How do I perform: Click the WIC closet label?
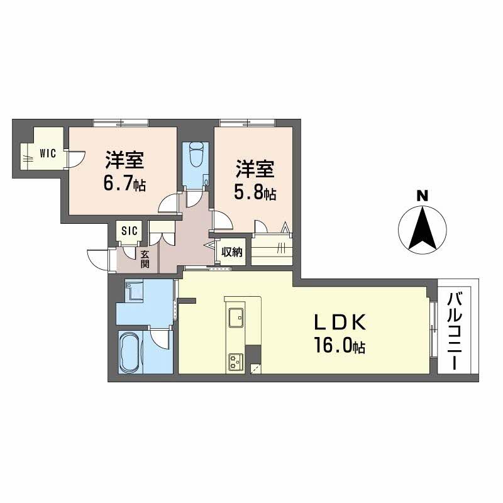pyautogui.click(x=48, y=153)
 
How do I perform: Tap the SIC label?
pyautogui.click(x=130, y=230)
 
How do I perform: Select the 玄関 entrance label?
pyautogui.click(x=145, y=259)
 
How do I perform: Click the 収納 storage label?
pyautogui.click(x=231, y=252)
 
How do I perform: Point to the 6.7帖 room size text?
pyautogui.click(x=124, y=184)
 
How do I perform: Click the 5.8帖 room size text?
pyautogui.click(x=255, y=193)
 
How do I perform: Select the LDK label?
pyautogui.click(x=340, y=323)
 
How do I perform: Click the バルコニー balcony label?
pyautogui.click(x=454, y=331)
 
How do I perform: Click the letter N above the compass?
pyautogui.click(x=422, y=196)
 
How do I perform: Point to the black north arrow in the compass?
pyautogui.click(x=422, y=228)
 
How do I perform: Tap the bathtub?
pyautogui.click(x=130, y=352)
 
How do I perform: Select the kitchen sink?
pyautogui.click(x=236, y=318)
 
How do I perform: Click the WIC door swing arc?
pyautogui.click(x=76, y=159)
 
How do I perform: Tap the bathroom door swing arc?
pyautogui.click(x=159, y=338)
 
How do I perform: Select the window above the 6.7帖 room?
pyautogui.click(x=121, y=123)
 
